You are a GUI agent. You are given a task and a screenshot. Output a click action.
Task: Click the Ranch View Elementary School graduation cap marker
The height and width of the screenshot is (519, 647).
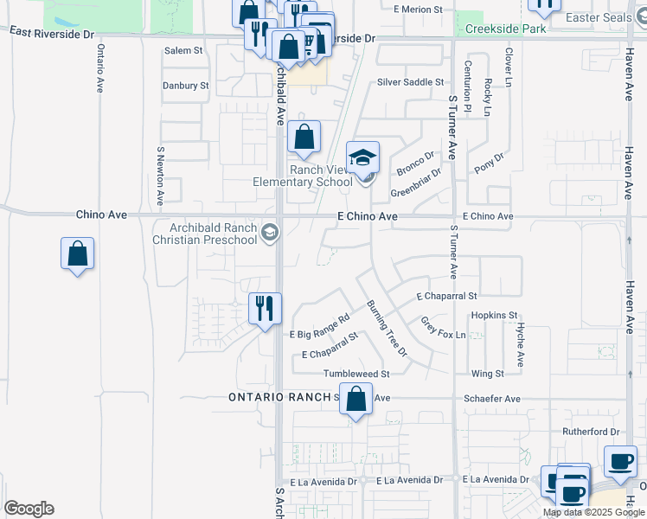tap(363, 157)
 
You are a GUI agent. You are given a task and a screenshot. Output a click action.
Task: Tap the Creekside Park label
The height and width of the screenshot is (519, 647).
tap(505, 29)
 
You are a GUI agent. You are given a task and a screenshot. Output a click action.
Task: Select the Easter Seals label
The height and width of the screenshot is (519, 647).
tap(598, 17)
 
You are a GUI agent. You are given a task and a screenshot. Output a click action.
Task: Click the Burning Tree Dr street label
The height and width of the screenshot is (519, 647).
tap(387, 328)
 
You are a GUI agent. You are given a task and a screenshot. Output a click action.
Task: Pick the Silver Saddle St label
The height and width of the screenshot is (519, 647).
tap(410, 82)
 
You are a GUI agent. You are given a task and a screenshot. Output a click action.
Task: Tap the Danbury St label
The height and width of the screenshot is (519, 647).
tap(186, 86)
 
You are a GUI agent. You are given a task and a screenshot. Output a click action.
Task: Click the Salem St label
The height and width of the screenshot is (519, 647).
tap(183, 51)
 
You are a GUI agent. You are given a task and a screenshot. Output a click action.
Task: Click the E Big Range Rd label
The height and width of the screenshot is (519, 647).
tap(320, 326)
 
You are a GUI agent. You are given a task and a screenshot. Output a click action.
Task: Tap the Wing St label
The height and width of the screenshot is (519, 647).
tap(488, 374)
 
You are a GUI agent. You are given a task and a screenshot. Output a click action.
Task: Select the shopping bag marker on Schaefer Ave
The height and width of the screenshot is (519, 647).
tap(356, 399)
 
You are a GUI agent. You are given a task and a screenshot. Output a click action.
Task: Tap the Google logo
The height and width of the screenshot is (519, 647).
tap(29, 509)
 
